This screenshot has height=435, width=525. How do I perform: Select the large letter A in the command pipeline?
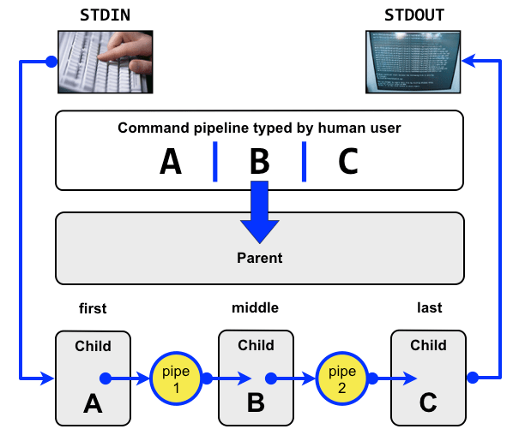[x=172, y=162]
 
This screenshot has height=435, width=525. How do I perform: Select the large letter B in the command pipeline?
[x=259, y=162]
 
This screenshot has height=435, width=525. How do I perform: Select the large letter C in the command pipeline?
[x=347, y=162]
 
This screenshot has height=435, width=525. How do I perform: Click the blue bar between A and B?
[x=214, y=162]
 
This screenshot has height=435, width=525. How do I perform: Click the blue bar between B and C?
[x=304, y=162]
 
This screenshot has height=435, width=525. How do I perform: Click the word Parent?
[x=259, y=257]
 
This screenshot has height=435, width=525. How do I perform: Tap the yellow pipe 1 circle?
[x=175, y=378]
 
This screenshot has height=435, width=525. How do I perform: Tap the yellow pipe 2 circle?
[x=341, y=378]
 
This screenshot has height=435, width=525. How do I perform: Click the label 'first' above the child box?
[x=93, y=308]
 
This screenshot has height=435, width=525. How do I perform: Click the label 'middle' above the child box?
[x=255, y=307]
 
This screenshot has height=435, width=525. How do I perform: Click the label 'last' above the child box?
[x=429, y=307]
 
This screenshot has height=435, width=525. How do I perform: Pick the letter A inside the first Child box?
[x=93, y=403]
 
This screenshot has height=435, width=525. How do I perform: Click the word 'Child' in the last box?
[x=428, y=346]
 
